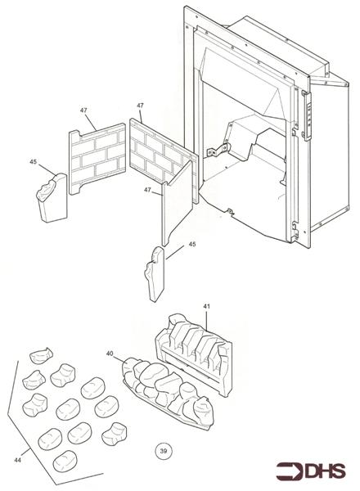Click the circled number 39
[163, 449]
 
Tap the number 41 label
[206, 306]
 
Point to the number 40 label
[110, 354]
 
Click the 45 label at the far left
[33, 162]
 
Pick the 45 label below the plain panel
[192, 244]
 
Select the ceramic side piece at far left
[50, 196]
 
